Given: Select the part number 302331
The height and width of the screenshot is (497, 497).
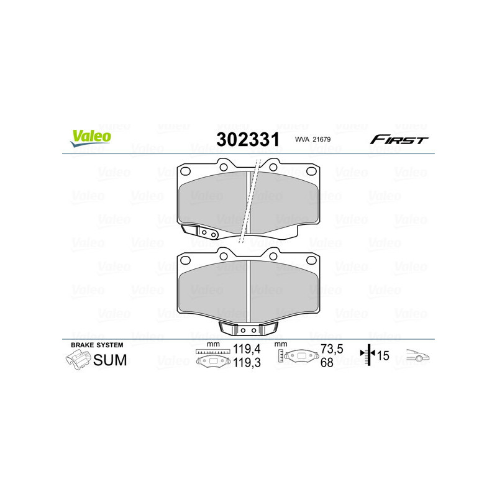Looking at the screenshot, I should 247,139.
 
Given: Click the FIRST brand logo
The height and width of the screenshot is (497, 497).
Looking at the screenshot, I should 399,139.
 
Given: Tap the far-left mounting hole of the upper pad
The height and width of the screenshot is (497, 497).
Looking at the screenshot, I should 185,172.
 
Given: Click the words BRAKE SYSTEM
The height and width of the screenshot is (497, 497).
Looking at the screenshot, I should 97,345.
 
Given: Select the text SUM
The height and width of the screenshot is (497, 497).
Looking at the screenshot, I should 110,360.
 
